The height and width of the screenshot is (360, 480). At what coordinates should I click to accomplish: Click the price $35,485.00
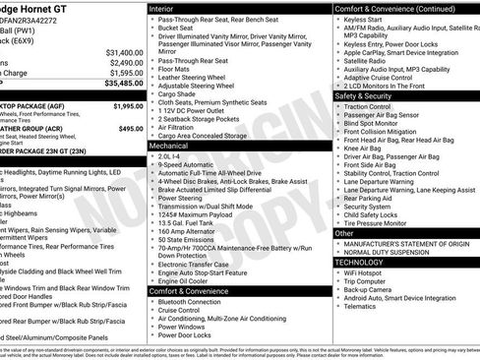(118, 85)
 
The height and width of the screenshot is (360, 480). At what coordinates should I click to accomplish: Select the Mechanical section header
(169, 145)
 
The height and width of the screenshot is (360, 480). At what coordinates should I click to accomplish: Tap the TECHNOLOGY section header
(358, 263)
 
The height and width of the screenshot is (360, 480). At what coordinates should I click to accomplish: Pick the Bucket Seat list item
(178, 30)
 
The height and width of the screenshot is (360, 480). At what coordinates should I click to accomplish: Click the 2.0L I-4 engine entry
(169, 155)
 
